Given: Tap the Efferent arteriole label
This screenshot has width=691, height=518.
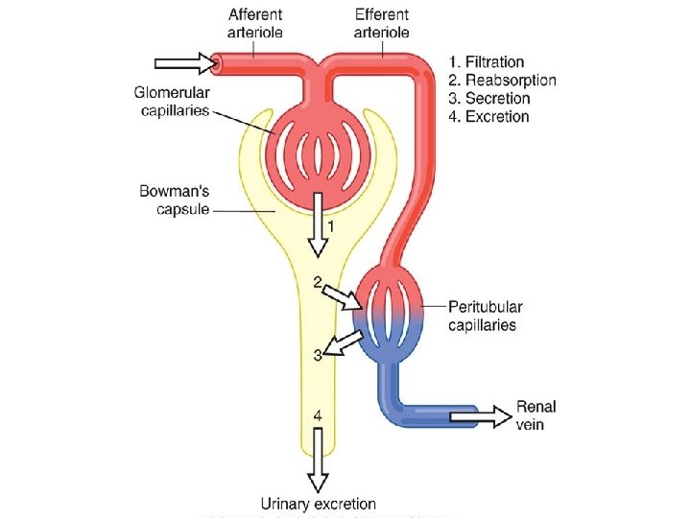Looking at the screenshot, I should tap(381, 23).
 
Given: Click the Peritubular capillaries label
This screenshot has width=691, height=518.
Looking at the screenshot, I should tap(486, 316).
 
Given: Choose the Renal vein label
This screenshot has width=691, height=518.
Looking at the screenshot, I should tap(536, 415).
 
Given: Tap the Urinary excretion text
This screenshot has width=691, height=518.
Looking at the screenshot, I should tap(319, 504).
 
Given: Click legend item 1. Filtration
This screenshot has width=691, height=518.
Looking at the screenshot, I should tap(487, 62).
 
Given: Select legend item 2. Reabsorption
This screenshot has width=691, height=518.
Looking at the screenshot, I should tap(502, 81).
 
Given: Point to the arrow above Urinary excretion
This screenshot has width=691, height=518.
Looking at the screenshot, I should tap(319, 469).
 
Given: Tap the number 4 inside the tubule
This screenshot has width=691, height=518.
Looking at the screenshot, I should tap(318, 415).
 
